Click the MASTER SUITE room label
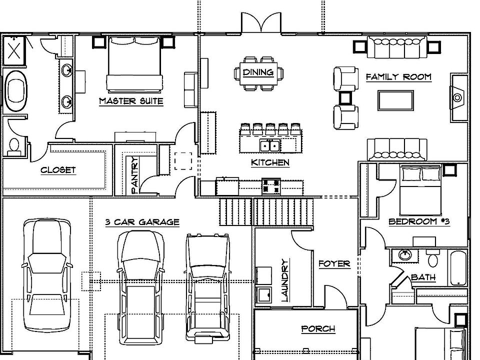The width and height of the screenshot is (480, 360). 131,101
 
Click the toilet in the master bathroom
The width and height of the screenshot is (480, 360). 14,144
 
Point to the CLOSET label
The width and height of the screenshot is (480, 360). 58,170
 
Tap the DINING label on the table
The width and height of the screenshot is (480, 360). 258,72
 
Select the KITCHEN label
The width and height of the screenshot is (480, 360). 270,162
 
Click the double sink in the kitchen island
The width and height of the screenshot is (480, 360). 270,145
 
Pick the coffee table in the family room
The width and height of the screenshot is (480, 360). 395,100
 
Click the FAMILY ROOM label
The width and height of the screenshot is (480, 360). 398,77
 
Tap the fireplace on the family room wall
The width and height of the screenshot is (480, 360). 457,97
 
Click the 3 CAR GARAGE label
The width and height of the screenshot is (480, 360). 142,222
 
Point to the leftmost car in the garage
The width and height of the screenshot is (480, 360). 46,275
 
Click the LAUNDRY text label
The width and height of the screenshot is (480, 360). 285,280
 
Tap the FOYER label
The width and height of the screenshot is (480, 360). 334,263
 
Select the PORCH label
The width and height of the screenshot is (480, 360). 318,328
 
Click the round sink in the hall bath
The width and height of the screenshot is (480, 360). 404,254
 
